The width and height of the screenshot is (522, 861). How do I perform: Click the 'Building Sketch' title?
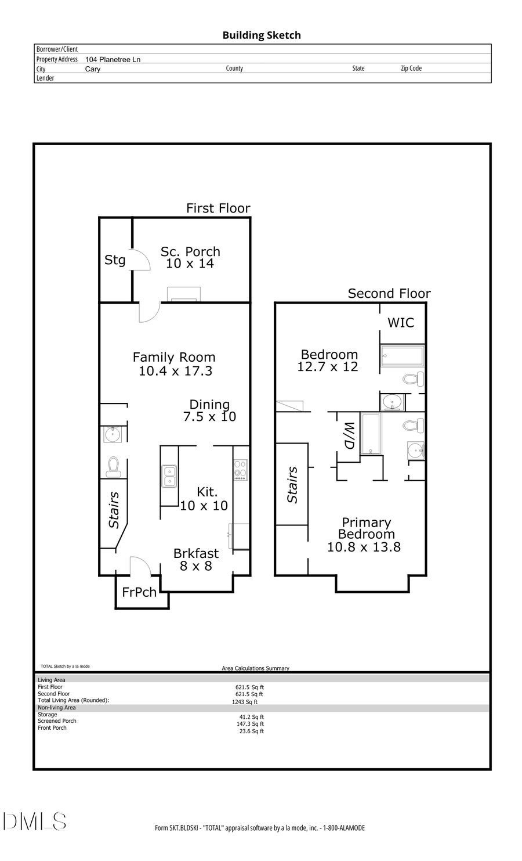click(x=262, y=35)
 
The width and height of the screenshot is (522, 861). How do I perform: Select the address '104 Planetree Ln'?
click(x=113, y=59)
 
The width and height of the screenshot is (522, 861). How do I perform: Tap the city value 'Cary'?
click(x=93, y=69)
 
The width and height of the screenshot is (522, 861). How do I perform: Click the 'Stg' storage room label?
click(x=115, y=260)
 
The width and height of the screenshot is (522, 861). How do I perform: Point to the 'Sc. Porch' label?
click(x=190, y=251)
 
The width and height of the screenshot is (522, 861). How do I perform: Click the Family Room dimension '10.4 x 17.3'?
click(x=175, y=371)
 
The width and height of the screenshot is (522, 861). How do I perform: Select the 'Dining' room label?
click(x=209, y=404)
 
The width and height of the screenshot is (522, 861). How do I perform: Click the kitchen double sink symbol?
click(x=169, y=476)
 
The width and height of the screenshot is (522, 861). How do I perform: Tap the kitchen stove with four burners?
click(x=241, y=469)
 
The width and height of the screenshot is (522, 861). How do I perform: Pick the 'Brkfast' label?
click(x=196, y=553)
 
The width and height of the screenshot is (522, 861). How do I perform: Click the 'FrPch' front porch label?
click(x=139, y=592)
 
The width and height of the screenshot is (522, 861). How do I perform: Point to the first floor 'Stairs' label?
click(x=114, y=510)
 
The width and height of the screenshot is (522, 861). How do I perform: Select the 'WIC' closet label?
click(x=401, y=323)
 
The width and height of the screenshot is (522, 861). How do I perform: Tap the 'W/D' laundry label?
click(x=349, y=435)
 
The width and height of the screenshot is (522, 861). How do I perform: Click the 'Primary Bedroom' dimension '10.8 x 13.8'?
click(x=364, y=547)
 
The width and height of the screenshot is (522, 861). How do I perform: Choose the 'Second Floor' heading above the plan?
click(x=389, y=294)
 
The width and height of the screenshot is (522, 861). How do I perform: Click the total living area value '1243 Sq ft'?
click(x=245, y=701)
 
